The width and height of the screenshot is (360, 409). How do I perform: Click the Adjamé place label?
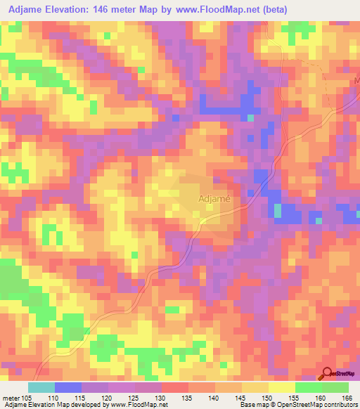(215, 199)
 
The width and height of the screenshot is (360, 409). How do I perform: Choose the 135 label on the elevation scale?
(188, 397)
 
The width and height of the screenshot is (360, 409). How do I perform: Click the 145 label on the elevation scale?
(241, 397)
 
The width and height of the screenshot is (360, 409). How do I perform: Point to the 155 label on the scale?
(295, 397)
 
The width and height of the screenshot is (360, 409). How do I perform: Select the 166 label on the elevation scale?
(346, 397)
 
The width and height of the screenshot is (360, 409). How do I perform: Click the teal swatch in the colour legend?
(41, 387)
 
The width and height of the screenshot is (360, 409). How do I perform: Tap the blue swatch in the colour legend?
(67, 387)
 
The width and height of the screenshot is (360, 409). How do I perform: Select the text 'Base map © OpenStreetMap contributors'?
(297, 405)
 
